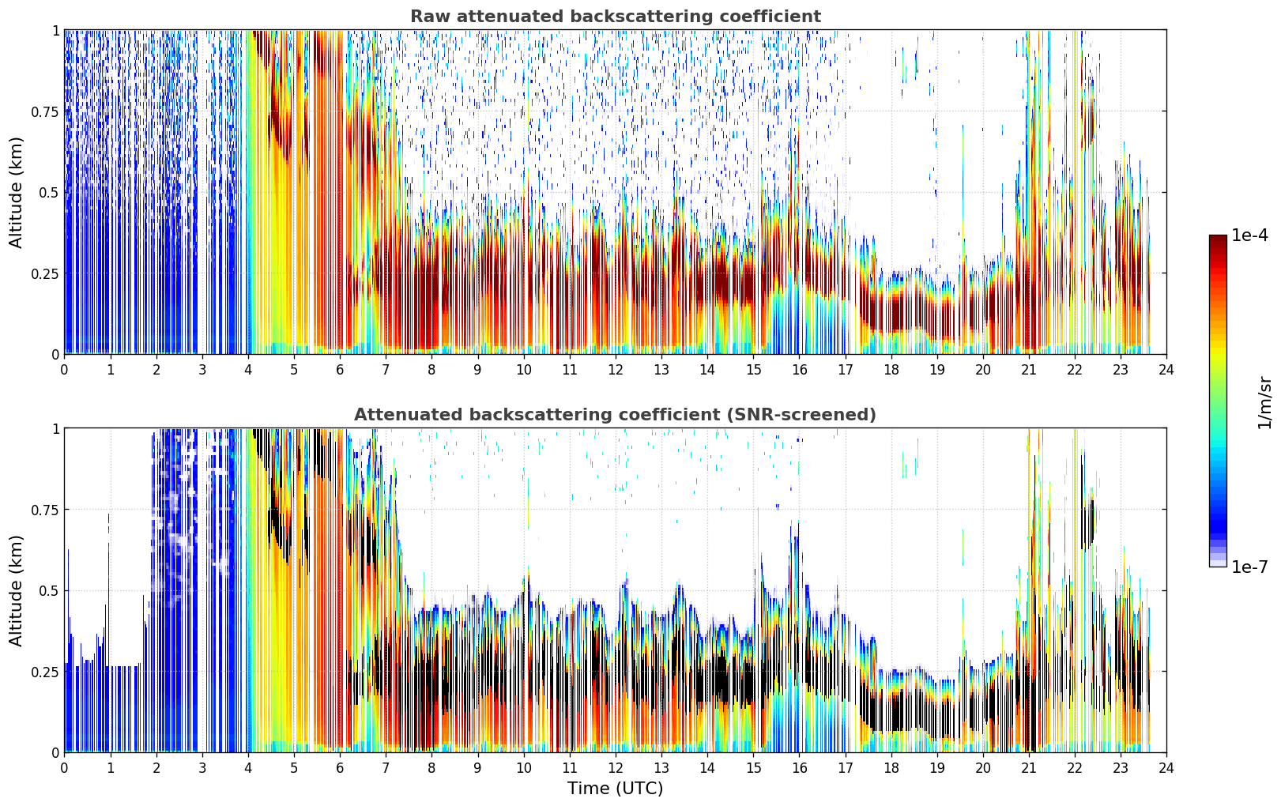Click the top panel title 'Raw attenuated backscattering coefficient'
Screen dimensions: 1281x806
(616, 16)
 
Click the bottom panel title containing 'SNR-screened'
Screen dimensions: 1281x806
(616, 414)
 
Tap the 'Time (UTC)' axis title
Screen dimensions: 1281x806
(616, 789)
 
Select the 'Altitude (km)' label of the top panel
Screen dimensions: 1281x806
(16, 192)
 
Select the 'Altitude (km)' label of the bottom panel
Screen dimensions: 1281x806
(16, 590)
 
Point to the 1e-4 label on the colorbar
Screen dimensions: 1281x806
(1249, 235)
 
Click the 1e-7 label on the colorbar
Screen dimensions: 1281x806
(1249, 567)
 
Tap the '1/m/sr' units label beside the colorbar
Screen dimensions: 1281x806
(1264, 402)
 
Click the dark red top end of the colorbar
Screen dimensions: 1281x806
(1218, 238)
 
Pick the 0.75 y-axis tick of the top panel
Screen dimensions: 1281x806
(44, 111)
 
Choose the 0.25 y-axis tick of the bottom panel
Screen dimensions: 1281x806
(44, 672)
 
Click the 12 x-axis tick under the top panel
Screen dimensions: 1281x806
(616, 370)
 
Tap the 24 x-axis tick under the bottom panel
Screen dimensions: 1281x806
(1166, 768)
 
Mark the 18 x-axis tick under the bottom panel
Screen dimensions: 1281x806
(891, 768)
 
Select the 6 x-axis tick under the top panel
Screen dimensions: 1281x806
(340, 370)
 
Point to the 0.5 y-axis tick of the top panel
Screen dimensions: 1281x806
(49, 193)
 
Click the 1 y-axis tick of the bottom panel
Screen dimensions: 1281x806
(56, 429)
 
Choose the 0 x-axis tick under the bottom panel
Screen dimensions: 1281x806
(64, 768)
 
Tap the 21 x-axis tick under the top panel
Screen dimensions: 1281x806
(1029, 370)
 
